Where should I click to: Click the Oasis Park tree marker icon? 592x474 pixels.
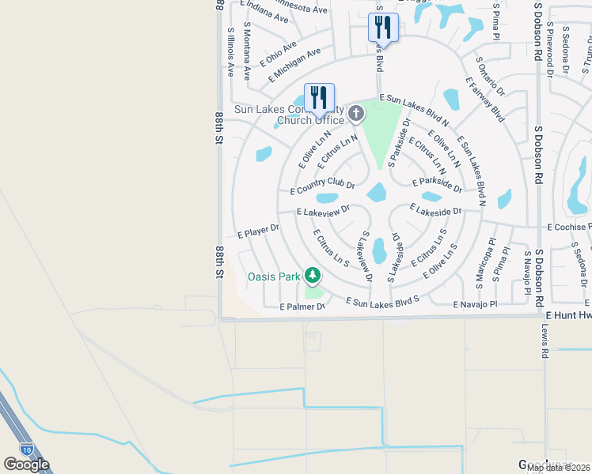314,275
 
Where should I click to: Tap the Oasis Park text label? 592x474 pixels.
274,276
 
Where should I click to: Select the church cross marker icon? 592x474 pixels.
356,115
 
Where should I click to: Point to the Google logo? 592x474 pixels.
26,465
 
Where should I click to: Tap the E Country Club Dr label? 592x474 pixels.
322,187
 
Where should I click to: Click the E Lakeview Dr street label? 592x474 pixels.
328,212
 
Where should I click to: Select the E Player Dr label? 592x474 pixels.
258,231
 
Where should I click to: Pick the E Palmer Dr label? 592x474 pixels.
302,307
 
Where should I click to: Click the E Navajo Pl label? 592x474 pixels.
475,304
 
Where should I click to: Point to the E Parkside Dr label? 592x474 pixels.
438,184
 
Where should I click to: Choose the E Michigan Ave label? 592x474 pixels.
294,64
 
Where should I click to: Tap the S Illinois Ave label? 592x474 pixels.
231,51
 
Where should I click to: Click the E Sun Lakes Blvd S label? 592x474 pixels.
382,300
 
